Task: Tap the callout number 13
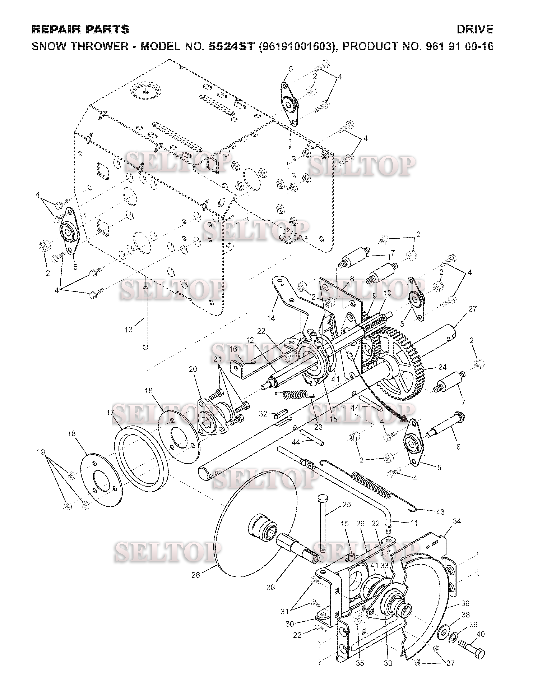coord(129,330)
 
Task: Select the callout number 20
coord(193,369)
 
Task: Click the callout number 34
coord(456,522)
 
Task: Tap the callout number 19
coord(41,452)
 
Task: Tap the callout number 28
coord(271,587)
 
